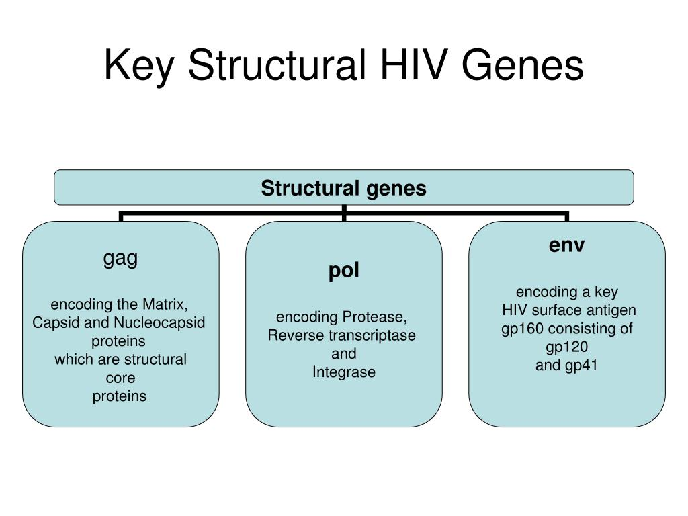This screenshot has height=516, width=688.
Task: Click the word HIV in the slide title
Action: [x=414, y=64]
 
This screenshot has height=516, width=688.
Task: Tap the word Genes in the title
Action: [x=523, y=64]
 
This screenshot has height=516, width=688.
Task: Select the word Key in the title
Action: [x=138, y=67]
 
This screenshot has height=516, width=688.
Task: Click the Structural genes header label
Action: [x=343, y=188]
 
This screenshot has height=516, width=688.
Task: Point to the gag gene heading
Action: [x=121, y=259]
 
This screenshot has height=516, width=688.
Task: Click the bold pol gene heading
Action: [x=344, y=270]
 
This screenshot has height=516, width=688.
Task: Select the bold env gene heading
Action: [x=566, y=245]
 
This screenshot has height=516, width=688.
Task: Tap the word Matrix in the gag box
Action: [x=165, y=304]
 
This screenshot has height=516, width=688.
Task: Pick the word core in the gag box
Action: [x=121, y=378]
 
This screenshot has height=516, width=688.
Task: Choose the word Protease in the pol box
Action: [x=375, y=317]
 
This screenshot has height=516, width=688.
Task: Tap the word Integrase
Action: [x=344, y=372]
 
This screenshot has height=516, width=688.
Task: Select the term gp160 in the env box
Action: [x=523, y=329]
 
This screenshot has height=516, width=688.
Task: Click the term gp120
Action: [x=567, y=347]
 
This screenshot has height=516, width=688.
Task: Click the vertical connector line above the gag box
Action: [x=121, y=216]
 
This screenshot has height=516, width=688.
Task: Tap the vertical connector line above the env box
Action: [x=567, y=216]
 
